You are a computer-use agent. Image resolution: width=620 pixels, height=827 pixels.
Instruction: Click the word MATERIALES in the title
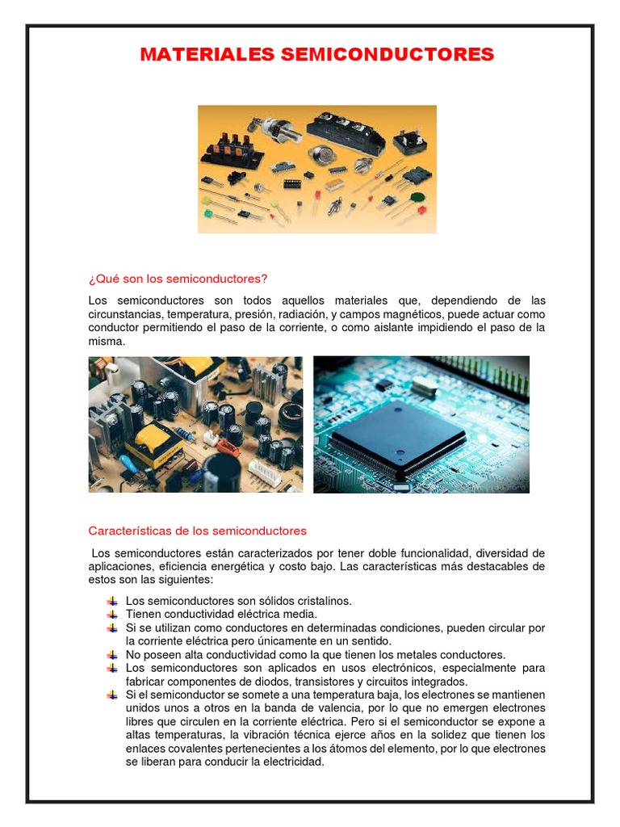207,55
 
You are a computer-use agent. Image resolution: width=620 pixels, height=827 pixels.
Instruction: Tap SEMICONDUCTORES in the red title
386,55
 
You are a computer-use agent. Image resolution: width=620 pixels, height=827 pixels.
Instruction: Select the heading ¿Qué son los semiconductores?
178,279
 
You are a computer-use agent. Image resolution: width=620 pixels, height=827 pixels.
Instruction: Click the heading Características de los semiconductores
198,531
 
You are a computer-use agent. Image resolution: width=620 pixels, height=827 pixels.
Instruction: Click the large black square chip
398,439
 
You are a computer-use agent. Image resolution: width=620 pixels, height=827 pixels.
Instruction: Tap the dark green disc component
415,197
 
